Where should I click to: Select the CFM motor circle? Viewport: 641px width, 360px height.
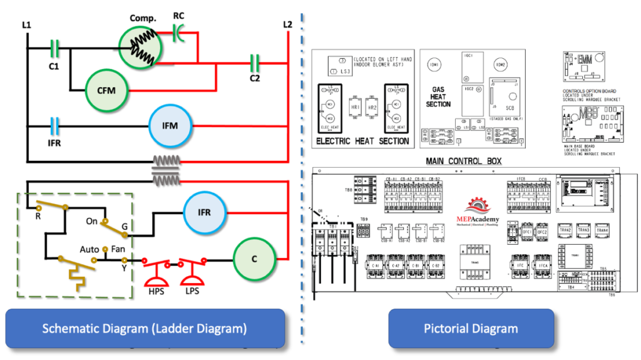point(106,90)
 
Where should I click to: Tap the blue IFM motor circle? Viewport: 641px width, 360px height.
point(170,126)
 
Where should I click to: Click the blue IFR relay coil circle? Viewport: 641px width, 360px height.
point(203,213)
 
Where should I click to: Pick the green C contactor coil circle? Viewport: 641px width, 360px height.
point(254,259)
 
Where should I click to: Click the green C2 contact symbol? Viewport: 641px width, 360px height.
point(255,61)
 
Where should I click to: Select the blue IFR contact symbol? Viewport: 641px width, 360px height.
point(54,125)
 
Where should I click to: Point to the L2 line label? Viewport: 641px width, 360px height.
point(287,24)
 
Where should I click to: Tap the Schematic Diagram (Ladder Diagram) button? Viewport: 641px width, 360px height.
point(145,328)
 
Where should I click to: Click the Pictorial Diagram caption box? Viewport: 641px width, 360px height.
point(471,328)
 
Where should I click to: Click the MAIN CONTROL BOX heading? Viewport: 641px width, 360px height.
point(463,161)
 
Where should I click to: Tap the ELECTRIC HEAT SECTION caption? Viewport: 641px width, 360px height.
point(362,141)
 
